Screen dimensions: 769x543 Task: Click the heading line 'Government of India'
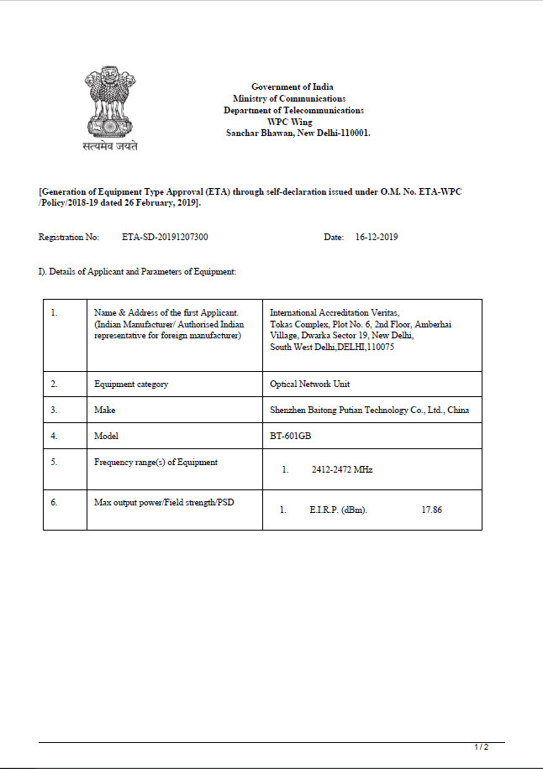tap(293, 86)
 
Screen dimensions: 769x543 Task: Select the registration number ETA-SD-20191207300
tap(165, 237)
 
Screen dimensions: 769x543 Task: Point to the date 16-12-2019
tap(377, 237)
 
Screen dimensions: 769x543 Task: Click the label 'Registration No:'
tap(69, 237)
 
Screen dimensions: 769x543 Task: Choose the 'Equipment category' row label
tap(131, 384)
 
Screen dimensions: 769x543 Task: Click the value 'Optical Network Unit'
tap(309, 384)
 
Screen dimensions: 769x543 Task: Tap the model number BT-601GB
tap(289, 436)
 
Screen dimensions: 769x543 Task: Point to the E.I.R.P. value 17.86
tap(431, 510)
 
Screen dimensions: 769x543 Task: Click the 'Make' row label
tap(105, 410)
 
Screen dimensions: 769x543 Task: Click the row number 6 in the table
tap(54, 501)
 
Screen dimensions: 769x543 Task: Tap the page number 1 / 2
tap(482, 746)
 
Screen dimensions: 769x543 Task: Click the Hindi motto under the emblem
tap(110, 146)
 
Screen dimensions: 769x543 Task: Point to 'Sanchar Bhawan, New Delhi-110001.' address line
tap(298, 133)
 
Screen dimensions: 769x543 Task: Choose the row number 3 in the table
tap(54, 410)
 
